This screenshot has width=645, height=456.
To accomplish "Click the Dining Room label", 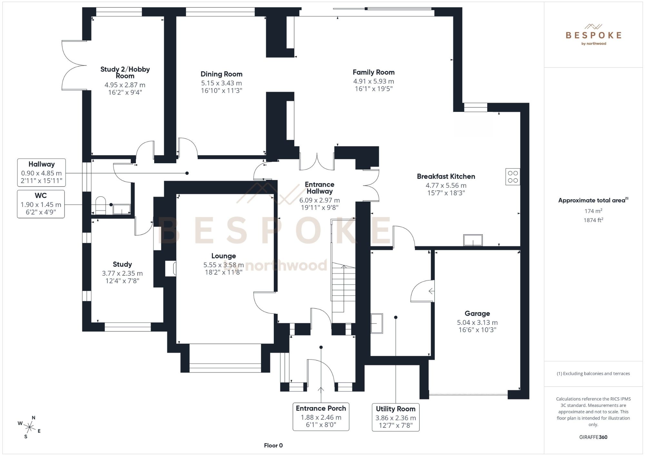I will (221, 74).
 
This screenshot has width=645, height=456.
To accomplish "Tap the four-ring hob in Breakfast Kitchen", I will (512, 177).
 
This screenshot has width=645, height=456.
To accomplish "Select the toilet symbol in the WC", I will (101, 205).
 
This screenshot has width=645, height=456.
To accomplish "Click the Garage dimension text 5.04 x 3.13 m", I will (477, 322).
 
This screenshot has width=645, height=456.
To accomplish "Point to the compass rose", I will (30, 428).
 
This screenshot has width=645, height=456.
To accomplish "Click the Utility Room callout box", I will (395, 417).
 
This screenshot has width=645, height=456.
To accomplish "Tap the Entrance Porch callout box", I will (321, 416).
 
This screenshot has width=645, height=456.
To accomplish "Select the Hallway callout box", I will (41, 173).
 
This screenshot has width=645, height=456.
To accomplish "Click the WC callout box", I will (41, 204).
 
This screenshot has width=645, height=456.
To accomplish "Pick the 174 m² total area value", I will (593, 211).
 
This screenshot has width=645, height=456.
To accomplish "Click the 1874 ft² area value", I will (593, 220).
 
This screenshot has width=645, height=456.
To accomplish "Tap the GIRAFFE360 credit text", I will (593, 437).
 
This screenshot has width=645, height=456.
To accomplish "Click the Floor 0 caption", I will (273, 445).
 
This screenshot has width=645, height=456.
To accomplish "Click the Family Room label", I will (373, 72).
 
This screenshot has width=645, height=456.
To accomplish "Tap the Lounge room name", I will (223, 256).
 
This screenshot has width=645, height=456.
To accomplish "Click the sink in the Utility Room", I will (376, 323).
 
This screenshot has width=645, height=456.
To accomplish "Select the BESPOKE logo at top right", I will (593, 35).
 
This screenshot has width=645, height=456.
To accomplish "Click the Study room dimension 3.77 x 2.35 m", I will (122, 273).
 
